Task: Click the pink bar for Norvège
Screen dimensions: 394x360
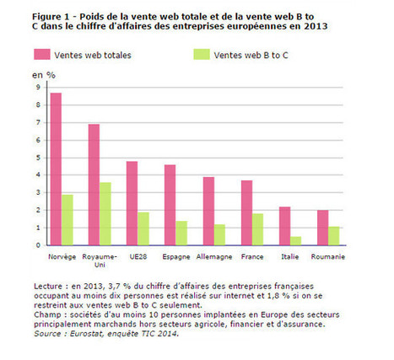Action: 56,169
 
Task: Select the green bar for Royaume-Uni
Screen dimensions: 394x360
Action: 105,214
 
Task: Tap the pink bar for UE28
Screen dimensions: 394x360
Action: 132,203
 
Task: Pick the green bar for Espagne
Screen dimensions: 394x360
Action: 181,234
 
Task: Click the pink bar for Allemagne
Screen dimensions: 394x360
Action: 208,211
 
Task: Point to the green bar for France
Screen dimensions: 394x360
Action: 257,229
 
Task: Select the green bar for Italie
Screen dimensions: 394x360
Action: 295,241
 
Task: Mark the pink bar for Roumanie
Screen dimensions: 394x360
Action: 322,228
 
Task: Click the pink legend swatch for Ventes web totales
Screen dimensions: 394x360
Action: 42,55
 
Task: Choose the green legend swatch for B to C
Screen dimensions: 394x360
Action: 202,55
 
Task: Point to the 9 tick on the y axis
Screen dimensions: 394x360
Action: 38,87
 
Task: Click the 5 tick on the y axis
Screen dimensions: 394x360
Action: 38,158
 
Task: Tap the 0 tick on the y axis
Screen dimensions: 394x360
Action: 38,245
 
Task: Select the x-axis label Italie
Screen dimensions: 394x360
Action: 290,256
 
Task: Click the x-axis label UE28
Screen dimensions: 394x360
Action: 138,256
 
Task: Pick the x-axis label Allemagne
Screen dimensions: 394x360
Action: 214,257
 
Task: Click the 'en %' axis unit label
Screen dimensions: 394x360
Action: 44,75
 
